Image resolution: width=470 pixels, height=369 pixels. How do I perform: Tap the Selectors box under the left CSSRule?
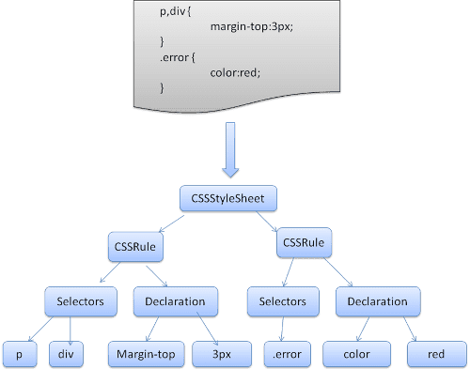coord(80,301)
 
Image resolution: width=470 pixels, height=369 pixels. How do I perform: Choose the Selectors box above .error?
coord(278,301)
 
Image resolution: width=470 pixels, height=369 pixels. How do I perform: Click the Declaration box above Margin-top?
coord(175,301)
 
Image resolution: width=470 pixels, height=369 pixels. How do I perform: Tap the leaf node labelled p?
coord(19,354)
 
